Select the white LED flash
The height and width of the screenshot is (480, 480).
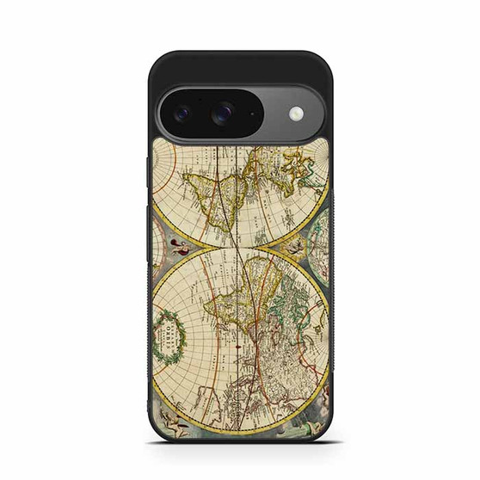(x=297, y=113)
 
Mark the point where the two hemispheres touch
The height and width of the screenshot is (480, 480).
(x=241, y=244)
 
